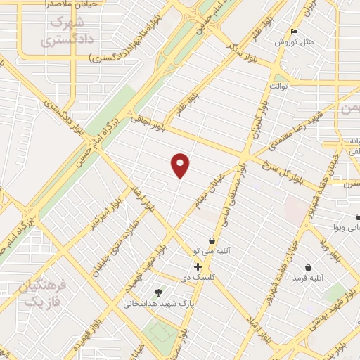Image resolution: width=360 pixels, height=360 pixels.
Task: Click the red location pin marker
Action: [181, 165]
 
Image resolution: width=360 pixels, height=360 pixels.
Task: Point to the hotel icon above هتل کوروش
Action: [295, 32]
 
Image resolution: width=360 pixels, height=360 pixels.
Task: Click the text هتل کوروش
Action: [294, 42]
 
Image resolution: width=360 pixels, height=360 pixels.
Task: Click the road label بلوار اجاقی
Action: [147, 122]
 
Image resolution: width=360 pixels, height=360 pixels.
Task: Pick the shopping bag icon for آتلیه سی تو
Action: [212, 241]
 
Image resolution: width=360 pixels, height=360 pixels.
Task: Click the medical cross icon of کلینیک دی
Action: [198, 267]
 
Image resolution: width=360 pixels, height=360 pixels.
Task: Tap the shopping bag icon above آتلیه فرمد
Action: [309, 267]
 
